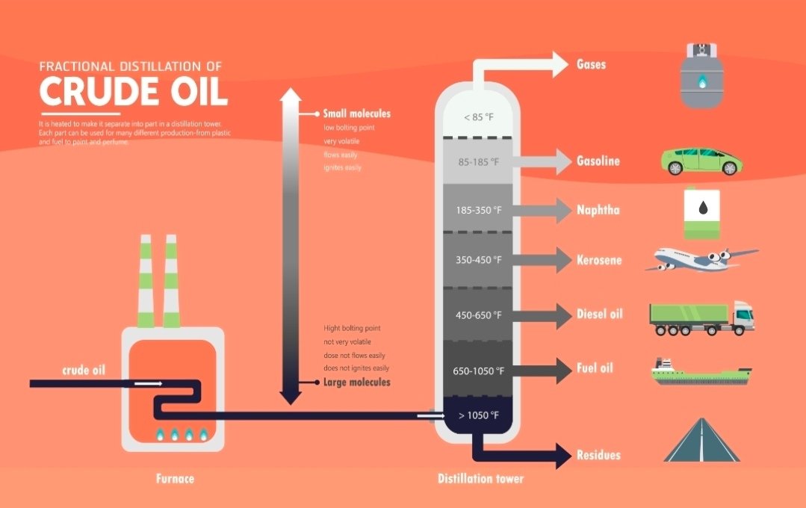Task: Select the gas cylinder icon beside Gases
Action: [701, 75]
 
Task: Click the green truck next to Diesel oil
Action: [701, 319]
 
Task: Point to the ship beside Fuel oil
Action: [701, 372]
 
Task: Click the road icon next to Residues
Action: [701, 441]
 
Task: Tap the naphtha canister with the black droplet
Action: [702, 213]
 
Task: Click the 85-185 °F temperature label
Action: [477, 161]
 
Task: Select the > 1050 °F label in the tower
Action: [478, 415]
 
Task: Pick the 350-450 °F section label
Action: [478, 261]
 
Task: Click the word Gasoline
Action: [598, 161]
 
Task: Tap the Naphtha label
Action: [598, 210]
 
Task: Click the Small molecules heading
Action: [356, 114]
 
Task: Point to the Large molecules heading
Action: [356, 382]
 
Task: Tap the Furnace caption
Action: [175, 479]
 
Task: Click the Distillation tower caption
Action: [480, 479]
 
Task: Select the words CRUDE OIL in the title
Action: [133, 92]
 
